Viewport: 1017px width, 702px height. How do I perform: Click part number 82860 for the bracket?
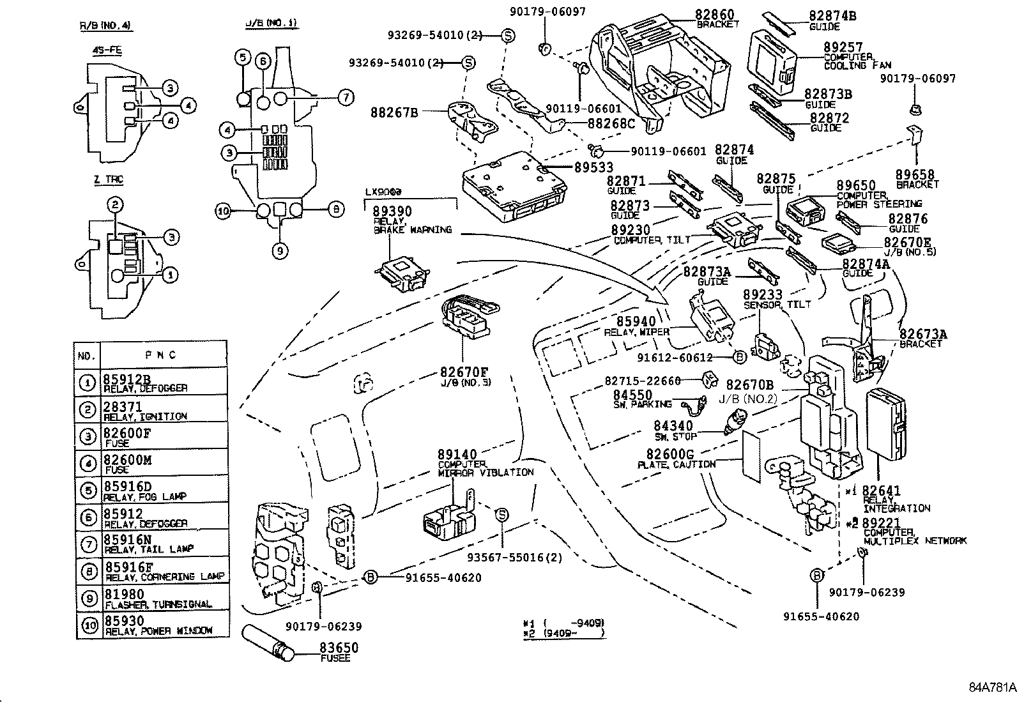(x=714, y=15)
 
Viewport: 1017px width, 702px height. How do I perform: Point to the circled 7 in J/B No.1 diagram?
(x=345, y=98)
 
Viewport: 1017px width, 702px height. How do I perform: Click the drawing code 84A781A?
(x=991, y=688)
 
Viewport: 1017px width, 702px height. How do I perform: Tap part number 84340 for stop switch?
(x=672, y=426)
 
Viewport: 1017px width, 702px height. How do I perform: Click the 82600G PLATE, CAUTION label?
(x=675, y=458)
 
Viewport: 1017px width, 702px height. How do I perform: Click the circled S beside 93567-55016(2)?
(x=502, y=515)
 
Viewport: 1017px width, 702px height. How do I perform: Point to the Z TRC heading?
(x=107, y=180)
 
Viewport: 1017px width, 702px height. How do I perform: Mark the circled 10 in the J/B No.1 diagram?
(x=222, y=211)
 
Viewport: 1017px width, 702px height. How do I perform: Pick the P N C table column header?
(x=163, y=355)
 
